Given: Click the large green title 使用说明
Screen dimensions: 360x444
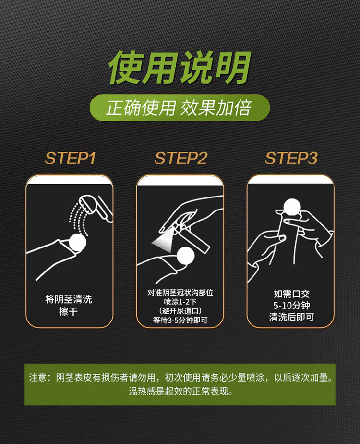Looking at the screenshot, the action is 180,68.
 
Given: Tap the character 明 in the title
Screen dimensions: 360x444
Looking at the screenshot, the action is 233,68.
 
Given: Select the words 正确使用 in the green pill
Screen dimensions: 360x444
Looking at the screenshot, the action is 141,108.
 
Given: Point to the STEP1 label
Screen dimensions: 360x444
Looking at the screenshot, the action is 70,158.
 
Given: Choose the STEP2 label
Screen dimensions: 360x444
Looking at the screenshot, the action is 180,158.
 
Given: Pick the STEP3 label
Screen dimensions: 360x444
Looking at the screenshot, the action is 291,158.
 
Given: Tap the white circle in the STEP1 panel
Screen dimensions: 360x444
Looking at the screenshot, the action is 77,242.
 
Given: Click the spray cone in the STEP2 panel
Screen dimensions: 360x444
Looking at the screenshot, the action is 164,240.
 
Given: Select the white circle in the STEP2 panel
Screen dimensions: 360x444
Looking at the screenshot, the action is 186,256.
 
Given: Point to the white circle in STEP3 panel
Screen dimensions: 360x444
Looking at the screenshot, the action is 292,207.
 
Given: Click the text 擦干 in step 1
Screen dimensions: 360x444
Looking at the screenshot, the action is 69,311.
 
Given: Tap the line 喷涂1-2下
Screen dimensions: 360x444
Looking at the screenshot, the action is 180,302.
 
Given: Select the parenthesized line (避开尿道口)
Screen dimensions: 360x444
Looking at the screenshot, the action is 180,311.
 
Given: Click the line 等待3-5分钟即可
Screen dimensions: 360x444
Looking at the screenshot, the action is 180,320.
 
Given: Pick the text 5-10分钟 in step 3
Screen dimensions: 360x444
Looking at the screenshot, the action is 291,306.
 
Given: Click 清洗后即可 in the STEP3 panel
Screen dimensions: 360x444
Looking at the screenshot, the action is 291,317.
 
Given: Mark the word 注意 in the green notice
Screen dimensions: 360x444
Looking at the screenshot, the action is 38,378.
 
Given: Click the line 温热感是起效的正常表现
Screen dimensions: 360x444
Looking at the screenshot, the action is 181,391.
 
